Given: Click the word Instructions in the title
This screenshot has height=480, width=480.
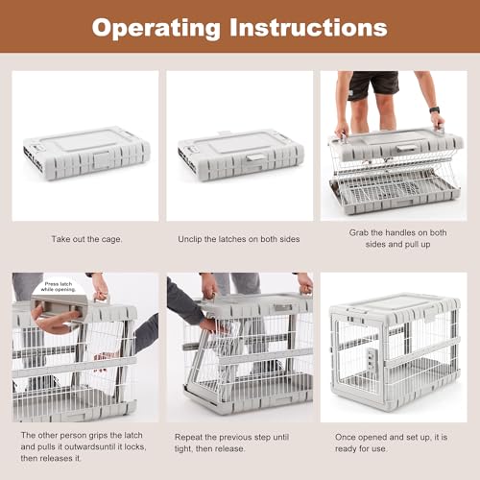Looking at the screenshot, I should click(306, 28).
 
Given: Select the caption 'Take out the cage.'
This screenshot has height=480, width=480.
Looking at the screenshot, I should click(85, 239).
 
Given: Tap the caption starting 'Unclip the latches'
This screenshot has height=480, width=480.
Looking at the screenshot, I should click(240, 239).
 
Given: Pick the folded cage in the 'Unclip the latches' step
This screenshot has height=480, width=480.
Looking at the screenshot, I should click(240, 154).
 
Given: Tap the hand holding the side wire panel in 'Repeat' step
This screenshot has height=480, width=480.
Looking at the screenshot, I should click(208, 325).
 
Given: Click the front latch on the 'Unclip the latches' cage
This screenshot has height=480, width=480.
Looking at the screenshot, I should click(256, 156).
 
